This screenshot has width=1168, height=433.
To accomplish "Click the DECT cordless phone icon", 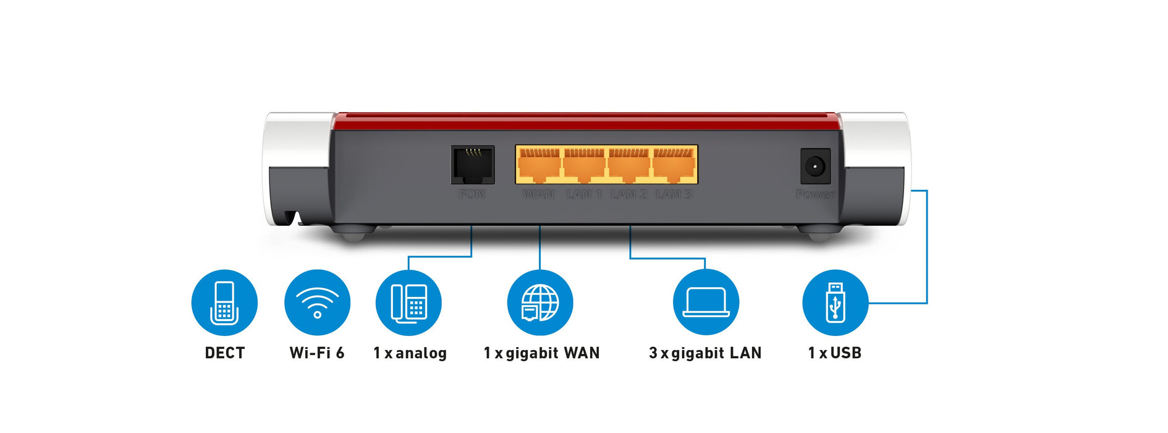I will tap(224, 302).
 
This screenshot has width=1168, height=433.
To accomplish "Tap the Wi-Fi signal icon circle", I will tap(317, 302).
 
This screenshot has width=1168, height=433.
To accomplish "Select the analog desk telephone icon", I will tap(408, 302).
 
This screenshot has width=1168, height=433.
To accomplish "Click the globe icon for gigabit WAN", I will tap(540, 302).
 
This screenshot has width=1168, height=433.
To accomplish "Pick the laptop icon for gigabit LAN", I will tap(706, 302).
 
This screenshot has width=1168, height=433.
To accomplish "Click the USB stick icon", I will tap(835, 302).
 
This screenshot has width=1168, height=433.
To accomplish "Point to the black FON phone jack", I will tap(473, 165).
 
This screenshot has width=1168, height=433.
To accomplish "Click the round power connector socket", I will tap(815, 166).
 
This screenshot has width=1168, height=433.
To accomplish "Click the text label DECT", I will tap(225, 353).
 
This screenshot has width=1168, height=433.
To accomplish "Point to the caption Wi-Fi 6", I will tap(317, 353).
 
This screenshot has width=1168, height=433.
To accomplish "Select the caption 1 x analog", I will tap(410, 353).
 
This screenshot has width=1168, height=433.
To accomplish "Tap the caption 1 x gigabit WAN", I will tap(541, 353).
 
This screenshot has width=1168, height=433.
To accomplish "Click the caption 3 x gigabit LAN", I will tap(705, 353).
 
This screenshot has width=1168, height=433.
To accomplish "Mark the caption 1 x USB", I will tap(834, 353).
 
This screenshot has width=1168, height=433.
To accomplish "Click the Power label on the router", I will tap(815, 195).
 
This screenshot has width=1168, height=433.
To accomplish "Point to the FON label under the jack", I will tap(472, 195).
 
